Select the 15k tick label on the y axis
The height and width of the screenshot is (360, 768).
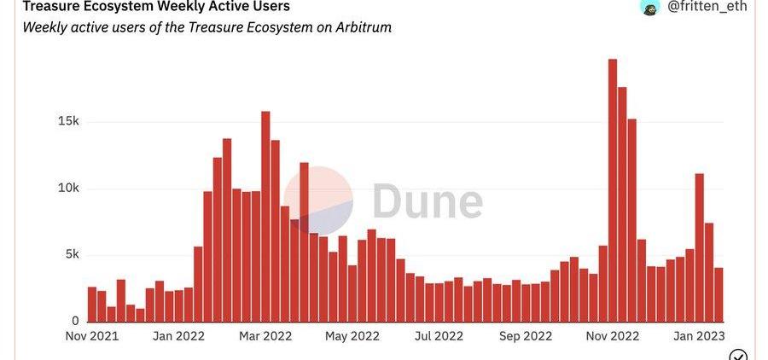click(69, 121)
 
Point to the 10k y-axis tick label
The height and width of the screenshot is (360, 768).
click(69, 188)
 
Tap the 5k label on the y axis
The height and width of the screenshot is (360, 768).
click(73, 254)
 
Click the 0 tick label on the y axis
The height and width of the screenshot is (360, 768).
click(76, 321)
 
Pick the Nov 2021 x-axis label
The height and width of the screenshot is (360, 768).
click(91, 336)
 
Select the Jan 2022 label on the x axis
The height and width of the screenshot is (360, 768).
click(177, 336)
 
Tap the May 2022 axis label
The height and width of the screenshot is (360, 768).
click(352, 336)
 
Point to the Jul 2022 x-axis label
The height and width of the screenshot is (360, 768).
click(439, 336)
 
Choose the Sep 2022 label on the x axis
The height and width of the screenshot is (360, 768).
click(525, 336)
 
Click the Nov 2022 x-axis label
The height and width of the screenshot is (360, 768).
click(612, 336)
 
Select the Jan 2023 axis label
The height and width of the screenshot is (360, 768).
click(698, 336)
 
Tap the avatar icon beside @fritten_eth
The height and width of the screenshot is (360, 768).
click(650, 7)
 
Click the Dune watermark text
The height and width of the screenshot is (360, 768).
click(427, 202)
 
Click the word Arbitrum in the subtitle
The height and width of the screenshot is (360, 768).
click(362, 26)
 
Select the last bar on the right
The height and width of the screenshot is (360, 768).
click(719, 294)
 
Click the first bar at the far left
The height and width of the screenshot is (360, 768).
click(92, 304)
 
